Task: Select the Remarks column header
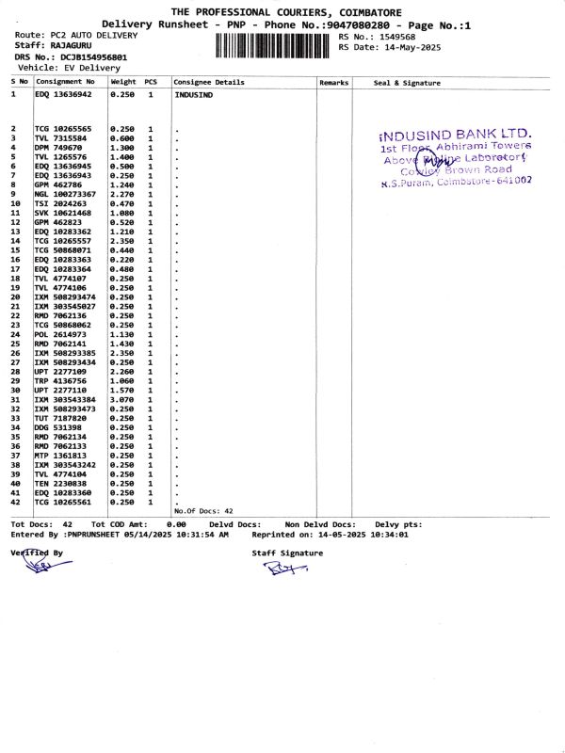[333, 83]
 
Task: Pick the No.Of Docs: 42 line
[203, 510]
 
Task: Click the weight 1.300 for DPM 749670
[122, 148]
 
